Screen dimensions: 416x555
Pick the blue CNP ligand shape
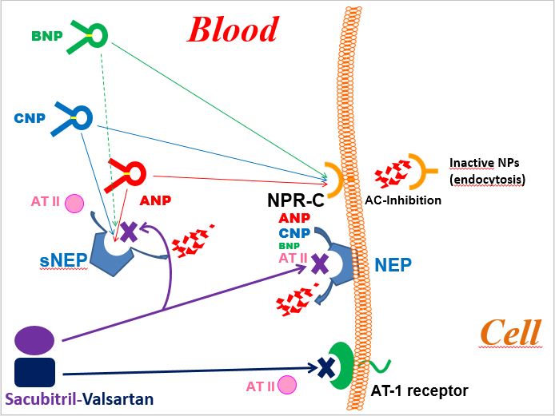tap(75, 117)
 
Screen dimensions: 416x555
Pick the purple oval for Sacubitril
tap(34, 339)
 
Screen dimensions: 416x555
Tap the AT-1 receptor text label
tap(420, 391)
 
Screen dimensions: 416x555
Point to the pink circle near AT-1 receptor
tap(286, 386)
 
